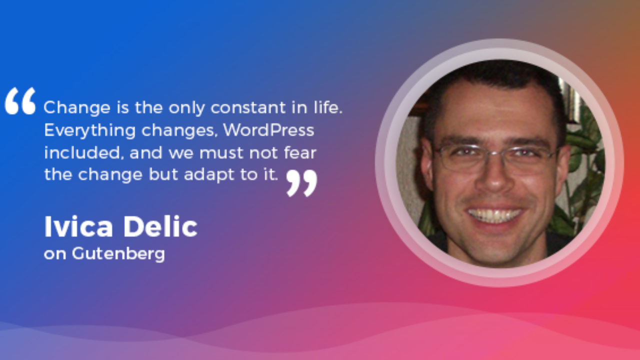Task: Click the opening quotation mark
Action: coord(20,101)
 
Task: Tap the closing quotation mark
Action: coord(301,183)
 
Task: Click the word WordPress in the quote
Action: coord(269,130)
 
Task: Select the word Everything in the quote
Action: coord(89,131)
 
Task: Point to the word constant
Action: coord(248,107)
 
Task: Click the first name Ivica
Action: coord(78,227)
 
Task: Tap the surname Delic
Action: coord(160,227)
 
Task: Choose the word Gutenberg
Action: coord(118,254)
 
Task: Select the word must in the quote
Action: coord(221,153)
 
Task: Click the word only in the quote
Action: coord(186,108)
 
